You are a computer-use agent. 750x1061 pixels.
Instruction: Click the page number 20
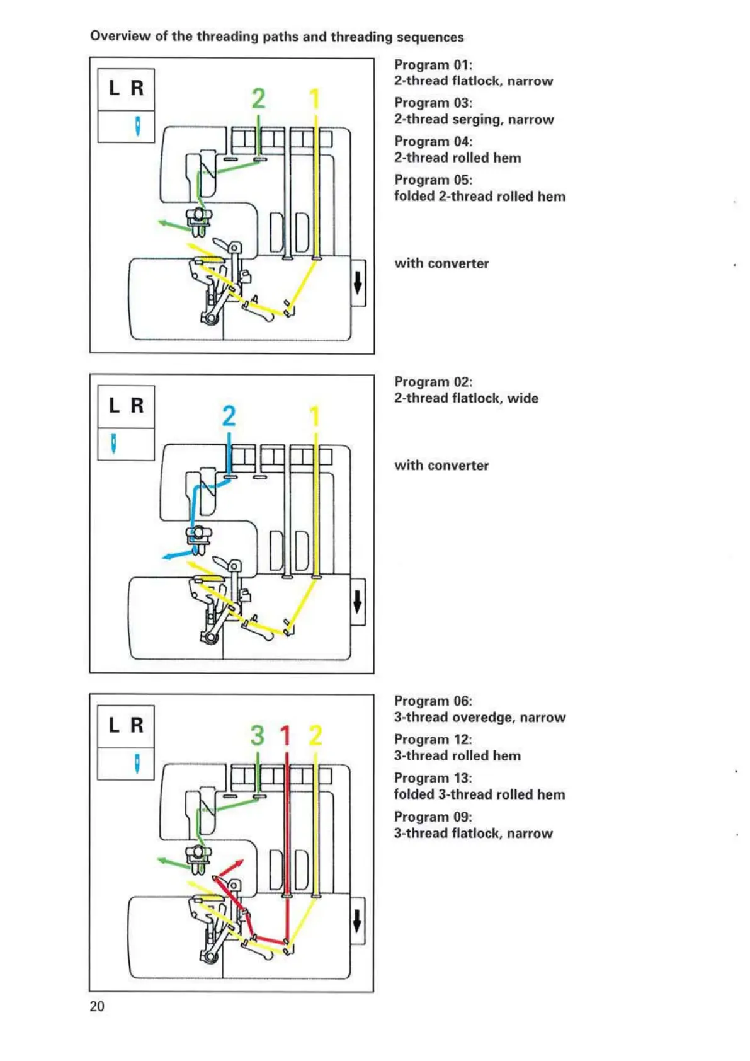97,1006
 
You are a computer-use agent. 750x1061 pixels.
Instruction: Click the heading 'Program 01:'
433,65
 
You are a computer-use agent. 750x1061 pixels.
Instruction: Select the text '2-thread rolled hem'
457,158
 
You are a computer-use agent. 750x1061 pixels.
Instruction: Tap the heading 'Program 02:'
433,382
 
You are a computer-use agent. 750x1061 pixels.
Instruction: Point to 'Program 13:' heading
433,778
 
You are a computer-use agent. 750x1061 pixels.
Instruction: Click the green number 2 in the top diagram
258,99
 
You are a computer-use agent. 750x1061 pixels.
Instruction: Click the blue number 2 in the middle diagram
229,416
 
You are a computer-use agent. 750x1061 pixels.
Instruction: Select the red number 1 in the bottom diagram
285,735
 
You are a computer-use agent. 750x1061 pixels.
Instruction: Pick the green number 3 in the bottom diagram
257,735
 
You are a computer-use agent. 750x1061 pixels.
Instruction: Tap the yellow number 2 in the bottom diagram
315,735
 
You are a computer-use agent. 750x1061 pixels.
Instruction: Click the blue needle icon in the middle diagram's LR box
113,444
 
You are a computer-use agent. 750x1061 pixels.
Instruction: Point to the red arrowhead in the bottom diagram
239,863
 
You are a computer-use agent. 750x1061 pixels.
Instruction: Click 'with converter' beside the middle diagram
441,466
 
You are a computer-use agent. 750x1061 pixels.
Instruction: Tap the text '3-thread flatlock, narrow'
473,834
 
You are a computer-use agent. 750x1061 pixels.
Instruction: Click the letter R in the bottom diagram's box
137,725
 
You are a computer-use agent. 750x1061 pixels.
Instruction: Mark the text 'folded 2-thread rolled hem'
479,197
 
